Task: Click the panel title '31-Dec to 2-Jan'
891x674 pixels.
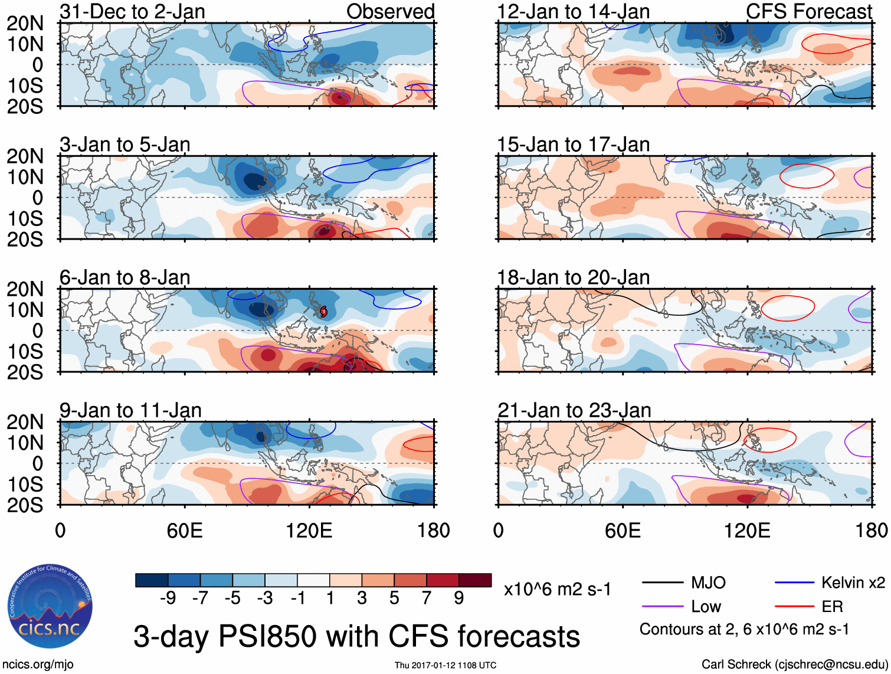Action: click(x=132, y=12)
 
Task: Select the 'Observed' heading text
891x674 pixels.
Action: click(x=390, y=12)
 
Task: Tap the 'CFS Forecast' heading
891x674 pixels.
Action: click(x=808, y=12)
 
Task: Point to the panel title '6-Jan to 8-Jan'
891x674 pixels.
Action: click(x=125, y=277)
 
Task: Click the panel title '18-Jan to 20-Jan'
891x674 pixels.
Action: click(x=573, y=277)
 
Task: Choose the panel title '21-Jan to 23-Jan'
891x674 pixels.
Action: click(x=574, y=410)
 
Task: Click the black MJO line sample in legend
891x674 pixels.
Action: click(x=662, y=583)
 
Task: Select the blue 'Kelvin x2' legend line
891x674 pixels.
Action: click(x=794, y=583)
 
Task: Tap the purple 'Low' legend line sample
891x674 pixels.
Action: click(x=662, y=607)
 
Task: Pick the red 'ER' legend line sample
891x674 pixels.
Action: click(x=794, y=607)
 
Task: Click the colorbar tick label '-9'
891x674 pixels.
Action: click(x=168, y=598)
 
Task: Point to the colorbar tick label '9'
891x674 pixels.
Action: click(x=459, y=598)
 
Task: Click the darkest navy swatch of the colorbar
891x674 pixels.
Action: click(x=152, y=580)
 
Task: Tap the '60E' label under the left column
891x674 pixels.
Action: click(x=185, y=531)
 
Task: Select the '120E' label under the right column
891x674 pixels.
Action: click(x=747, y=531)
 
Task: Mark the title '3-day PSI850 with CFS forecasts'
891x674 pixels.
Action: click(x=356, y=636)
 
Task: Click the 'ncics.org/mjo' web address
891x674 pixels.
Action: click(x=38, y=665)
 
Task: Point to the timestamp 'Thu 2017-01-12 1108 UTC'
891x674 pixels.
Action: click(x=446, y=665)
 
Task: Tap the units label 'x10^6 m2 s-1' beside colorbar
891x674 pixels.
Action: click(x=557, y=589)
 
